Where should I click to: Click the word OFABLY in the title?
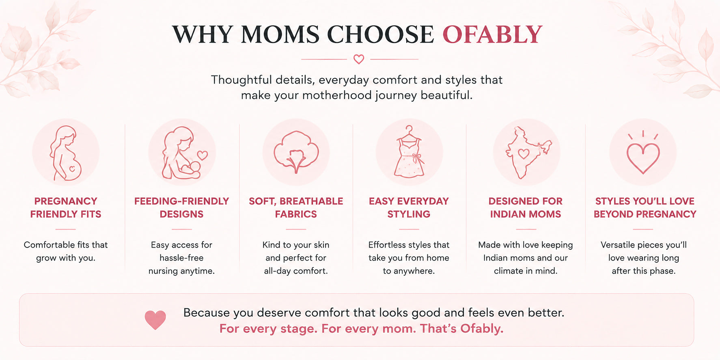[x=492, y=34]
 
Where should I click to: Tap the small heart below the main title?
[x=359, y=59]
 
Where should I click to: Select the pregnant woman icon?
[x=66, y=153]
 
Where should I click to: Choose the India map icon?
[x=527, y=153]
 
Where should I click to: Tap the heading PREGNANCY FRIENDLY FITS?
[x=66, y=207]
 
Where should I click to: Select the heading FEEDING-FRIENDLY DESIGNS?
[x=181, y=207]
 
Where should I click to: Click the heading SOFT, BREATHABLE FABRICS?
[x=296, y=207]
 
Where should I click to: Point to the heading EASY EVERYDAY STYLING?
[x=409, y=207]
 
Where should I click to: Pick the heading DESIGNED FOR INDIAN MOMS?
[x=526, y=207]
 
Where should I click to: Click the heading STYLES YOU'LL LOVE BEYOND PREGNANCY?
[x=645, y=207]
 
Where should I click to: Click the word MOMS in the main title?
[x=280, y=34]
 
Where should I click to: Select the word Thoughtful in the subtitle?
[x=241, y=80]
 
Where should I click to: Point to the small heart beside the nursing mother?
[x=203, y=155]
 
